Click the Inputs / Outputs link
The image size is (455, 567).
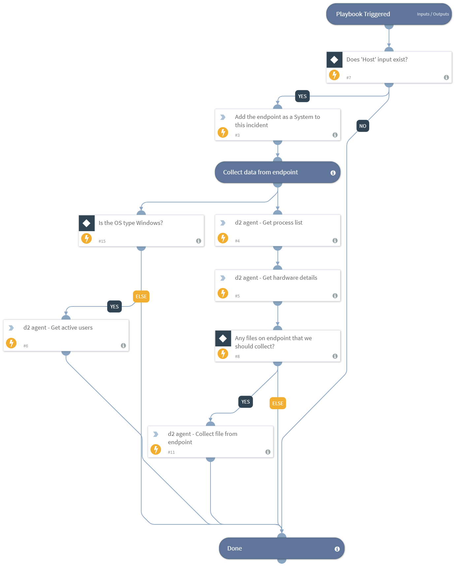point(433,14)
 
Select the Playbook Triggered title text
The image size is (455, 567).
point(363,14)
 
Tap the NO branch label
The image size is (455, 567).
point(363,126)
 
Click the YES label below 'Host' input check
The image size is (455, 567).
point(302,96)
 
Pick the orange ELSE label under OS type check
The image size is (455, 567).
point(141,296)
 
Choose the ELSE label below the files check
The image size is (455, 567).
point(278,403)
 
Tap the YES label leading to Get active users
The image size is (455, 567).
point(114,306)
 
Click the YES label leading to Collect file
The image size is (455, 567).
point(245,402)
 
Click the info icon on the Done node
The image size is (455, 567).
point(337,549)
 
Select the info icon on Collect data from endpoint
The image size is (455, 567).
point(333,173)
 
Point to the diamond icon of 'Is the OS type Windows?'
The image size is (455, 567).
point(86,223)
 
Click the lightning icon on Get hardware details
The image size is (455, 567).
point(223,293)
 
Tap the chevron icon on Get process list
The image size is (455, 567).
point(223,223)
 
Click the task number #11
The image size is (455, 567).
point(171,452)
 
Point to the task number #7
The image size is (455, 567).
point(349,78)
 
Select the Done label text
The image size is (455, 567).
point(235,548)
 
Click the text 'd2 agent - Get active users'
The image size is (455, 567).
point(58,328)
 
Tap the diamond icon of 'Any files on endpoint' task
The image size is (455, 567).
point(223,338)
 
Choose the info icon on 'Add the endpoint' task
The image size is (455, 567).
point(335,135)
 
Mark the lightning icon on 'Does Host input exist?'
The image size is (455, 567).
point(334,75)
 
